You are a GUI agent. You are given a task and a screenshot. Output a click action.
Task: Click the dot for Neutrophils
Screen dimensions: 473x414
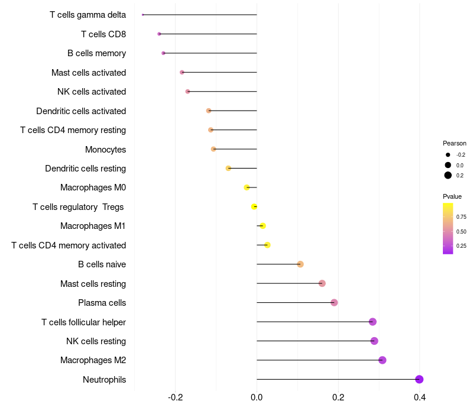tap(419, 379)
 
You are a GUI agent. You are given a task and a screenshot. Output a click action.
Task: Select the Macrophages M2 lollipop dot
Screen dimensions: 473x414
tap(382, 360)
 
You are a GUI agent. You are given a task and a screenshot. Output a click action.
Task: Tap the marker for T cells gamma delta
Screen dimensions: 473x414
tap(142, 14)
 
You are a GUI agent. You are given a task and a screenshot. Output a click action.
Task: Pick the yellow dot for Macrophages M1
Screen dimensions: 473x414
tap(263, 226)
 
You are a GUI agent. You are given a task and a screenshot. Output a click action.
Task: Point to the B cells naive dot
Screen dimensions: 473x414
tap(300, 264)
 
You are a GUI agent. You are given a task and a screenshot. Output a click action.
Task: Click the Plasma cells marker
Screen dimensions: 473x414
tap(334, 302)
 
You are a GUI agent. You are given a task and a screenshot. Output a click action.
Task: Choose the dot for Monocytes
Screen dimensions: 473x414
tap(213, 149)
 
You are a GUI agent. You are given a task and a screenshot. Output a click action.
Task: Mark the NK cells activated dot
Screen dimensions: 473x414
tap(187, 92)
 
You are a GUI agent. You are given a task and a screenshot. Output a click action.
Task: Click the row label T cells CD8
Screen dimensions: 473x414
tap(103, 34)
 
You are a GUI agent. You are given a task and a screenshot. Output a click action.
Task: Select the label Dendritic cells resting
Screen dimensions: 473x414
tap(85, 169)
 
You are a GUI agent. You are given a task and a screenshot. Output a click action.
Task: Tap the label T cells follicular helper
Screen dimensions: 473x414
tap(83, 322)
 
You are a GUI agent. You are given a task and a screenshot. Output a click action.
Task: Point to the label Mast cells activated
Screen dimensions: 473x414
tap(89, 72)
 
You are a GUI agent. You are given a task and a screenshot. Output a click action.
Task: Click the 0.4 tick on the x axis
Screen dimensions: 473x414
tap(420, 397)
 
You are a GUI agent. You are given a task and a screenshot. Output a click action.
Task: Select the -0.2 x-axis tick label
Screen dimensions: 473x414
tap(175, 397)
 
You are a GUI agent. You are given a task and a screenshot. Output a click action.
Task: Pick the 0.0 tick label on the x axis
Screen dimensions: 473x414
tap(257, 397)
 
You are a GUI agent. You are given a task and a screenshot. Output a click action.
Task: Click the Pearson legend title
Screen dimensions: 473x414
tap(454, 143)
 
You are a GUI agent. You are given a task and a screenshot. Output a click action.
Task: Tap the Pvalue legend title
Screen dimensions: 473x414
tap(452, 196)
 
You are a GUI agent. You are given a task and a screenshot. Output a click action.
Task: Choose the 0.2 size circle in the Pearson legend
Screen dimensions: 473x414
tap(448, 175)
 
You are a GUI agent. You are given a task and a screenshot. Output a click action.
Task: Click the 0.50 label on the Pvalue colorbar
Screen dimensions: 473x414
tap(461, 231)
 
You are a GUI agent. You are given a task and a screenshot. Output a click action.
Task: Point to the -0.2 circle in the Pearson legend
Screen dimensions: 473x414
tap(448, 155)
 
